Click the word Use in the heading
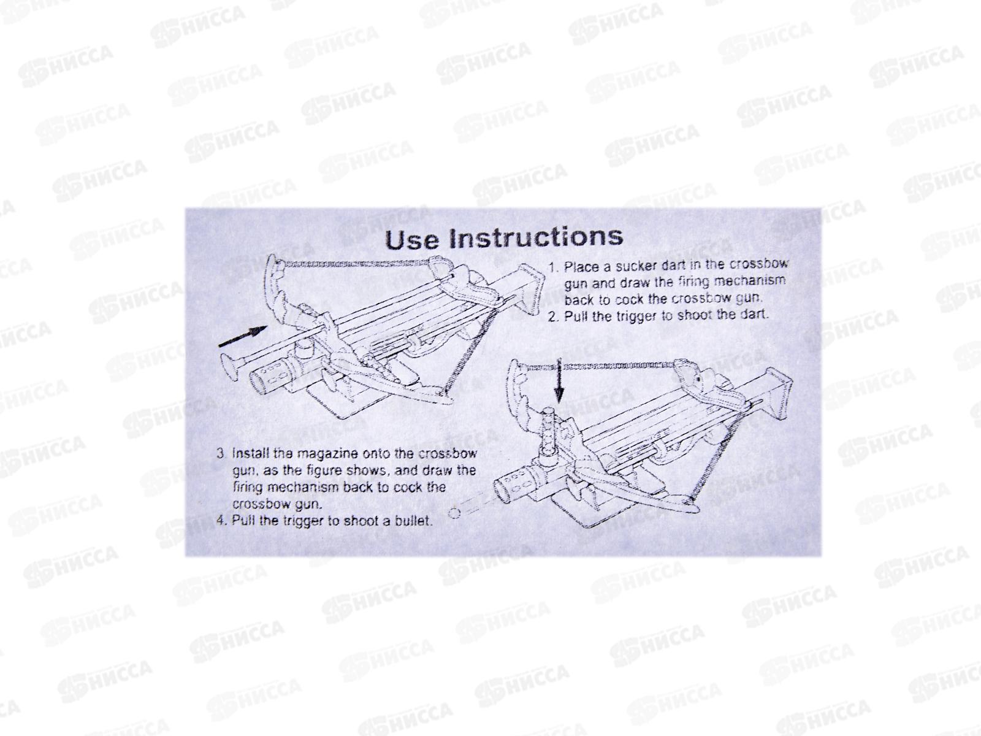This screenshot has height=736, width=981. [x=411, y=240]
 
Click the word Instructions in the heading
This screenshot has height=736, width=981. [x=536, y=237]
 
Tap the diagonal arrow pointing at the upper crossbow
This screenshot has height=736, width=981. [x=243, y=336]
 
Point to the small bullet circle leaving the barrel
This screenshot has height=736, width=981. [x=454, y=513]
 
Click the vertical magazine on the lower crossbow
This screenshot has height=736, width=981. [x=548, y=434]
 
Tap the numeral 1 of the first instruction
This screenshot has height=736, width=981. [x=553, y=267]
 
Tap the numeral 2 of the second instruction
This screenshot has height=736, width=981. [x=553, y=317]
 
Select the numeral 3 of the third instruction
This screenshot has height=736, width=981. [x=221, y=454]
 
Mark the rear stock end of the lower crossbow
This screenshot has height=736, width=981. [x=779, y=393]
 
